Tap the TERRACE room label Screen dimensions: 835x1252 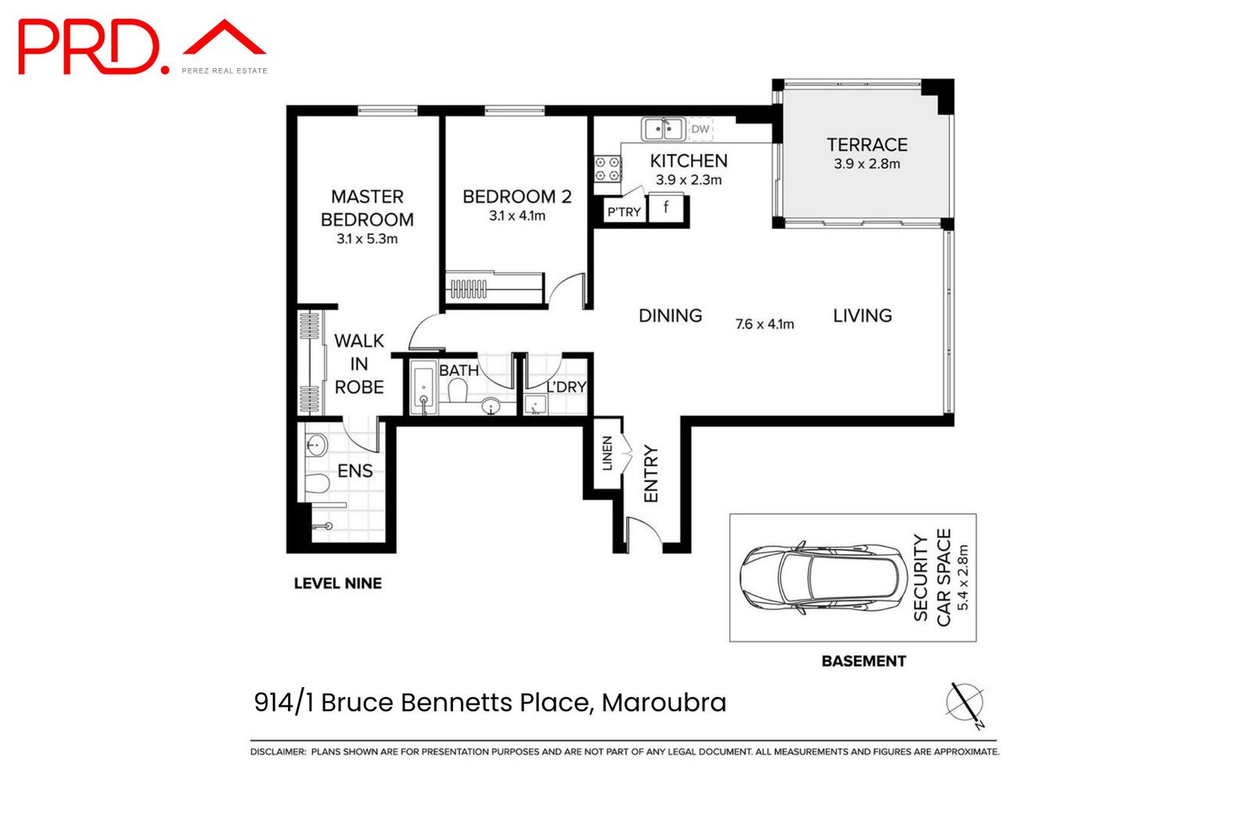867,145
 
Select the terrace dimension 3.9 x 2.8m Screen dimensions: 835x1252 867,164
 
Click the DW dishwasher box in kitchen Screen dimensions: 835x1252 700,129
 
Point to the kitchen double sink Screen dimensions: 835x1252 663,128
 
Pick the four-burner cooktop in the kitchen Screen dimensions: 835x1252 607,170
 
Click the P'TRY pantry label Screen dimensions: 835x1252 624,212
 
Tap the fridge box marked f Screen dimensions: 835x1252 667,208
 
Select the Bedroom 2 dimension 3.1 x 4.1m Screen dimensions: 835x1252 517,216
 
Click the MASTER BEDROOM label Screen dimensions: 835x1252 367,208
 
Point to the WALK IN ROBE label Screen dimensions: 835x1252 359,364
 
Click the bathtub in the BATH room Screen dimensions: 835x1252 423,389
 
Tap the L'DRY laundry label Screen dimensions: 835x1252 567,387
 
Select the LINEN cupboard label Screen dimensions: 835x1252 607,453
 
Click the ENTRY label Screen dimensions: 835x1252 651,473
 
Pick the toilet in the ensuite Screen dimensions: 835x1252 317,484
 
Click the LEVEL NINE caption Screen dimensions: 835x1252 337,583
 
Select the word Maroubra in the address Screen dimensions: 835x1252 664,703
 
